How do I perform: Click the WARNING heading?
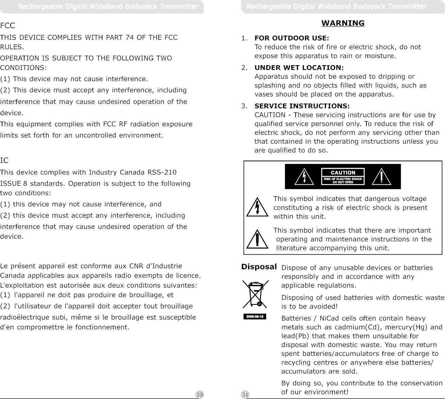[x=343, y=23]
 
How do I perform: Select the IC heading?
[x=4, y=160]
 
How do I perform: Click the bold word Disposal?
[x=259, y=267]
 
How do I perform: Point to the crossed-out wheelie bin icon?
[x=255, y=294]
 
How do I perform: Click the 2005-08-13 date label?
[x=255, y=317]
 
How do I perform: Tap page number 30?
[x=200, y=395]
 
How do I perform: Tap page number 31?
[x=245, y=395]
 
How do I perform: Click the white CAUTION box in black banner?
[x=343, y=177]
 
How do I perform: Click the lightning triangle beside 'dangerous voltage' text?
[x=258, y=207]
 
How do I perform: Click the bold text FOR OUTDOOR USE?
[x=292, y=38]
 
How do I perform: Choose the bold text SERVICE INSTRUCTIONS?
[x=302, y=106]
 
